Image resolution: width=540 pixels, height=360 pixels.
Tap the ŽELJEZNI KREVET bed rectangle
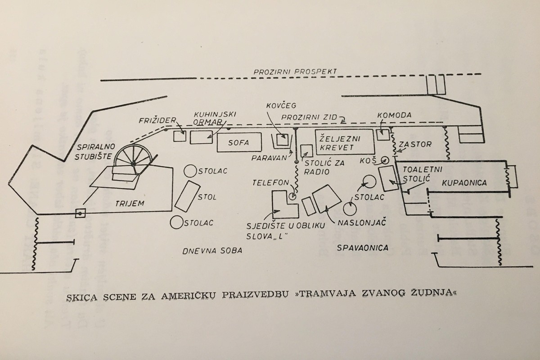pos(344,142)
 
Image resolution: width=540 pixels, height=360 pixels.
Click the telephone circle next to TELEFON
pos(293,196)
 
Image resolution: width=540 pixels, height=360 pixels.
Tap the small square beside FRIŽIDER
pos(180,136)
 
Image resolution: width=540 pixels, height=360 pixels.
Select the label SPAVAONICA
pos(364,247)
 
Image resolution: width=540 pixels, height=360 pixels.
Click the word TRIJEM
pos(135,203)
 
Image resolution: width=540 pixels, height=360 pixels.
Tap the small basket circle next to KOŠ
pos(384,160)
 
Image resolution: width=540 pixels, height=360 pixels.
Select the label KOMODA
pos(395,115)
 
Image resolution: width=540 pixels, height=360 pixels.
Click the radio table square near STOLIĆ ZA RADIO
pos(306,151)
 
